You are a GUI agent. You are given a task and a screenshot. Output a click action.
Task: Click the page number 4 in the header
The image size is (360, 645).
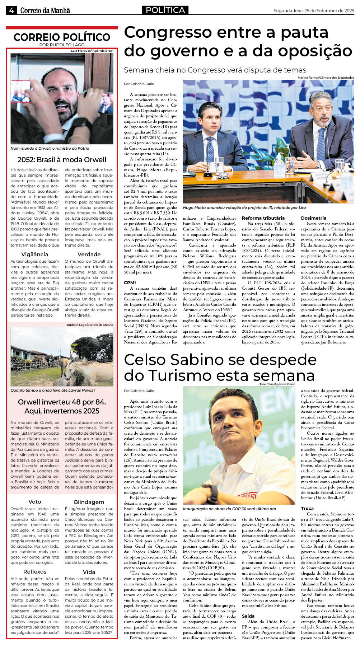[11, 10]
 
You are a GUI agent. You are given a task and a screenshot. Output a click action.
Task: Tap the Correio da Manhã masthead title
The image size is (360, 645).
[45, 11]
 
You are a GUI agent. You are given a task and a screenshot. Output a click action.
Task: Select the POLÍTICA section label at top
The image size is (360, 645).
[165, 10]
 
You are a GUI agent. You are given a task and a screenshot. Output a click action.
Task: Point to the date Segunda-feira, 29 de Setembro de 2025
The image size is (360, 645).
[313, 11]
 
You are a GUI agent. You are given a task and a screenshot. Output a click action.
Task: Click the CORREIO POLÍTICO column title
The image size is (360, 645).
[62, 37]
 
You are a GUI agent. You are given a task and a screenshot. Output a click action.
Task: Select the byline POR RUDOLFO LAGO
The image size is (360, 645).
[62, 45]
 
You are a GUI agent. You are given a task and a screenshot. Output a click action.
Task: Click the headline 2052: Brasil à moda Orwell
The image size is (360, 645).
[62, 160]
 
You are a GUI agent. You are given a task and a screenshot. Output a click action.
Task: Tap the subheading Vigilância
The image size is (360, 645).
[35, 254]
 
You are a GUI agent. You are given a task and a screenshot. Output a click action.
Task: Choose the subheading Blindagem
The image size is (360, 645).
[89, 502]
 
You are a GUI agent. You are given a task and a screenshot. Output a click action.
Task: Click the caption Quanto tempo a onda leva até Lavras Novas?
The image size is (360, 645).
[53, 390]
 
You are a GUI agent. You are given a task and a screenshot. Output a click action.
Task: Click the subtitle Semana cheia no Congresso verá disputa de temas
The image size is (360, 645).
[215, 70]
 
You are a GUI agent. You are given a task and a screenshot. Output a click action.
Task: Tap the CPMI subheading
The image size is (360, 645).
[130, 282]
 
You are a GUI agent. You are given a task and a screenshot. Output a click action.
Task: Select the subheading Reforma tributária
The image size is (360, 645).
[263, 218]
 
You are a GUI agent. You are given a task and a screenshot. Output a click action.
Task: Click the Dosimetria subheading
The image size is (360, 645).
[313, 218]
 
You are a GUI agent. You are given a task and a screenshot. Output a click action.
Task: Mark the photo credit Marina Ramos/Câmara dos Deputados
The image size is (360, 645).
[326, 78]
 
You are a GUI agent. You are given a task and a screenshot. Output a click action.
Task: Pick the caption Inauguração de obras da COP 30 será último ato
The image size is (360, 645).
[229, 509]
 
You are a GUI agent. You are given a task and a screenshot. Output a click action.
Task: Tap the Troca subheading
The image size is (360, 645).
[307, 508]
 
